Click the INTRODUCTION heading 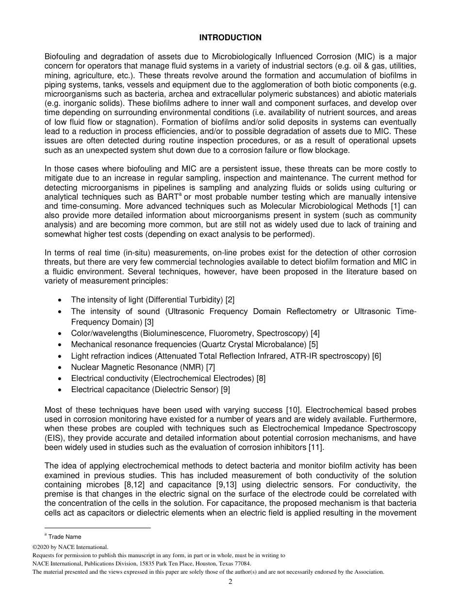click(x=230, y=37)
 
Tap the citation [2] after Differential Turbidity click(x=230, y=300)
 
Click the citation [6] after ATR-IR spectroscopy click(x=376, y=356)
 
